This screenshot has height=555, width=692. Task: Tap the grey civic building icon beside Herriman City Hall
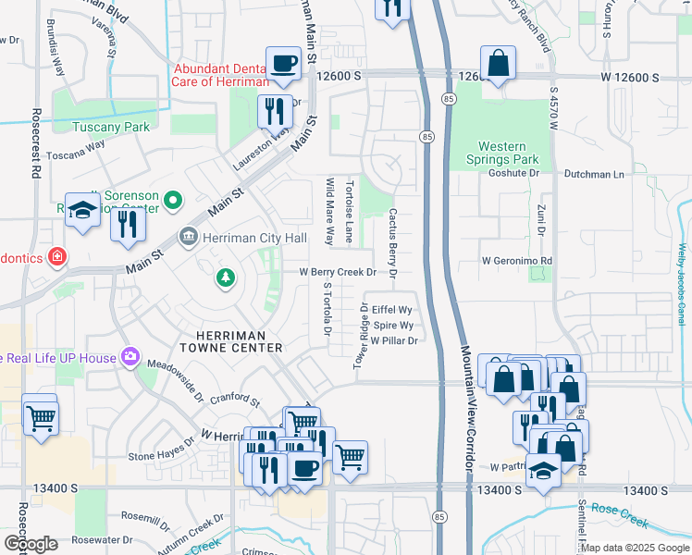[x=189, y=238]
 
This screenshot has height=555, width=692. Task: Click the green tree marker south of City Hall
[x=224, y=277]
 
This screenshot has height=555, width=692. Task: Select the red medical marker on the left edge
[x=57, y=255]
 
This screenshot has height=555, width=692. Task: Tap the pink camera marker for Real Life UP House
[x=130, y=357]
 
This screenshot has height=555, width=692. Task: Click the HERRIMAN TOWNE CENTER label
[x=236, y=341]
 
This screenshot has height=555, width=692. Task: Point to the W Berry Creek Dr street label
[x=337, y=273]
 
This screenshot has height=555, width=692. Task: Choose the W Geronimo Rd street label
[x=516, y=261]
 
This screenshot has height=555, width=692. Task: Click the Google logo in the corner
[x=31, y=543]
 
